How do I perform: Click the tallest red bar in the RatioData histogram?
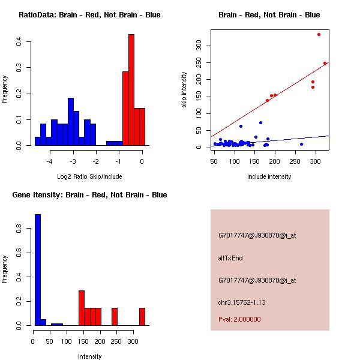tap(131, 90)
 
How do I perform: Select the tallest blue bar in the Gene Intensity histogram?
tap(38, 269)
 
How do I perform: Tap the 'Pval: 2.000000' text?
tap(239, 319)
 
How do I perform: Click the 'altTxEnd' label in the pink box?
tap(230, 258)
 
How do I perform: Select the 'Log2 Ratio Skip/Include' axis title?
tap(89, 176)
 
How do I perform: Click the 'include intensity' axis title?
tap(269, 176)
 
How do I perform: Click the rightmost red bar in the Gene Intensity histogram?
tap(142, 316)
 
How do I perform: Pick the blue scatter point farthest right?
tap(301, 144)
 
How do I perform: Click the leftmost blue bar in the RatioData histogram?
tap(37, 142)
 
